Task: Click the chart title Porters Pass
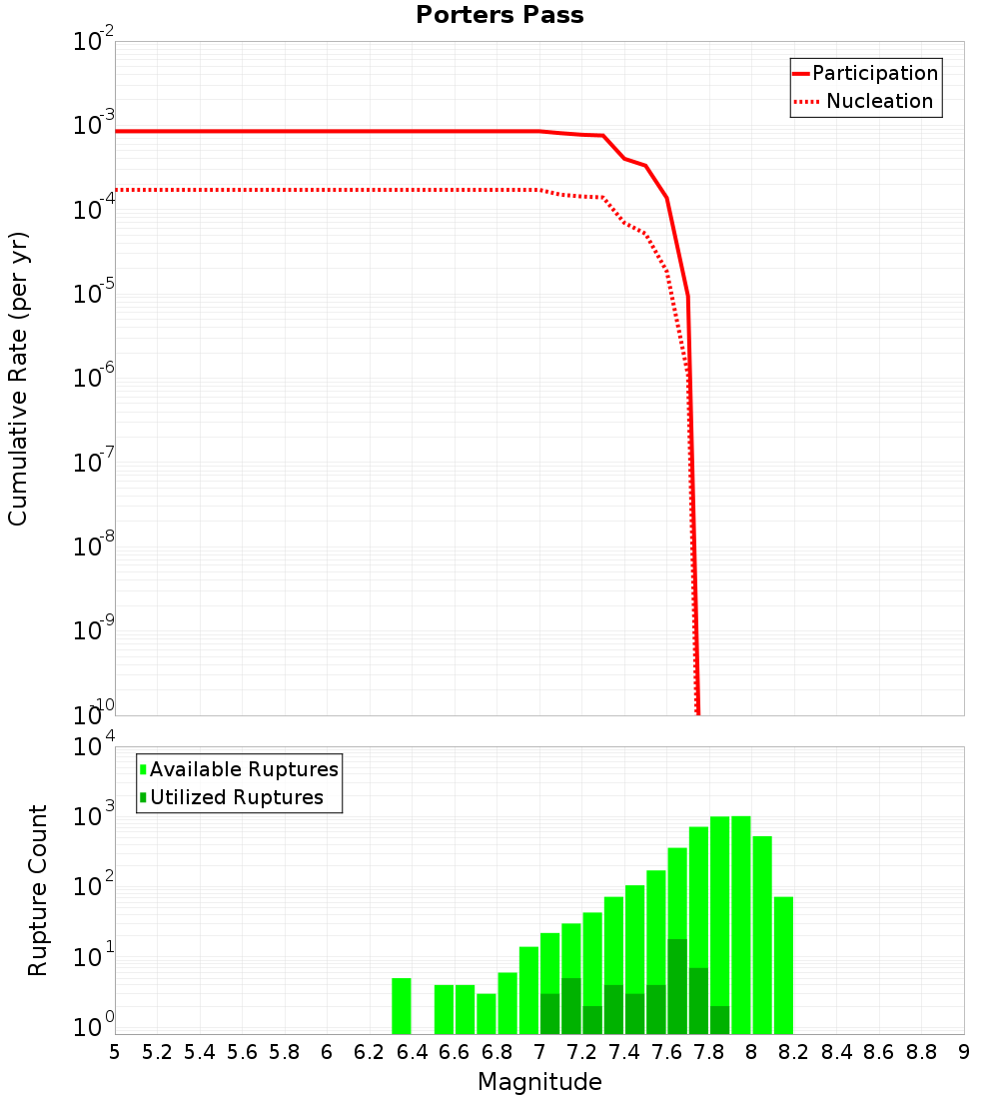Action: [x=499, y=15]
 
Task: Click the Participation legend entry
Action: [x=874, y=73]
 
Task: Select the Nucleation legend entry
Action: [x=879, y=101]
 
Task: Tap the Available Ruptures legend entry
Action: [x=244, y=769]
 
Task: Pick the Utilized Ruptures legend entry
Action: [x=236, y=797]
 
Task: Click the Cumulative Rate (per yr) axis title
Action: [x=18, y=379]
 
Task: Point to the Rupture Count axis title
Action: [x=38, y=890]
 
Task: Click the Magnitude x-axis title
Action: [x=539, y=1081]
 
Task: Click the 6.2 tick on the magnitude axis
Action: [x=370, y=1051]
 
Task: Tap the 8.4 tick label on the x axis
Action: [x=836, y=1051]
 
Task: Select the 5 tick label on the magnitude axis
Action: [x=115, y=1051]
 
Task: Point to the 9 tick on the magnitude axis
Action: [x=964, y=1051]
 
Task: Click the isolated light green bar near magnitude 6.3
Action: [x=402, y=1006]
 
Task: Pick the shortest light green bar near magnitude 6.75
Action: [x=487, y=1013]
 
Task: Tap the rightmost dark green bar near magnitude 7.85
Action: [x=720, y=1019]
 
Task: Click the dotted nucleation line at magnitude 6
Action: [x=327, y=190]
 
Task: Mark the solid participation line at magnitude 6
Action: [x=327, y=131]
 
